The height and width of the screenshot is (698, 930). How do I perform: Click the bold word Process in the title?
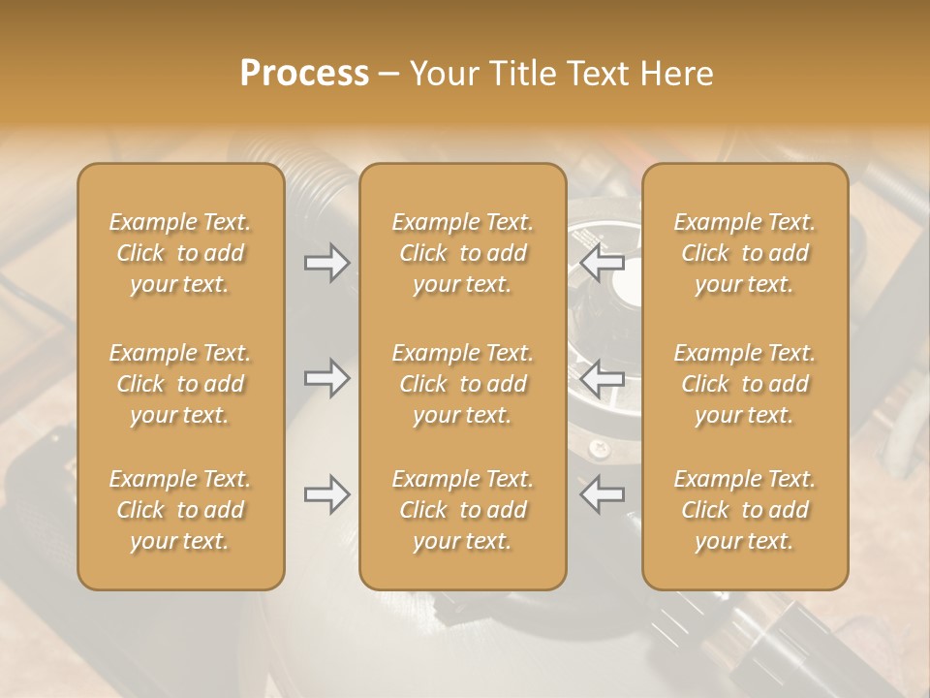304,74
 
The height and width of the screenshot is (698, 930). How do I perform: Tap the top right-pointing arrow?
326,263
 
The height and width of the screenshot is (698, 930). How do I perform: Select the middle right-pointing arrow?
326,378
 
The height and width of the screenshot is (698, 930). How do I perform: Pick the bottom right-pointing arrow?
326,494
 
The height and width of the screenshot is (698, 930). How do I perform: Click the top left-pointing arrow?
602,263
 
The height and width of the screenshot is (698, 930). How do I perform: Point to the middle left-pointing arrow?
602,378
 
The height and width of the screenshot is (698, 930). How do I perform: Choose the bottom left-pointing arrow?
602,494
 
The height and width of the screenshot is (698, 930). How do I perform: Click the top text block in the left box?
180,253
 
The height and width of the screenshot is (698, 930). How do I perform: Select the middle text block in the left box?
180,384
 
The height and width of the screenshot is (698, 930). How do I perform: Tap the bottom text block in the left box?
180,510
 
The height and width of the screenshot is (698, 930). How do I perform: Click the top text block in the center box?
462,253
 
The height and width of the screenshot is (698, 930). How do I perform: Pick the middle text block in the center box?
462,384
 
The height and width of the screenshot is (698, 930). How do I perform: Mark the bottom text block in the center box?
462,510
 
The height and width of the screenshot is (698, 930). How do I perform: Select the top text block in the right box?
744,253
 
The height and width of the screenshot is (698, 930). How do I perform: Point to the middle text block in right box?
744,384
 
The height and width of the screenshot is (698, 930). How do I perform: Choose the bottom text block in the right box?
744,510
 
